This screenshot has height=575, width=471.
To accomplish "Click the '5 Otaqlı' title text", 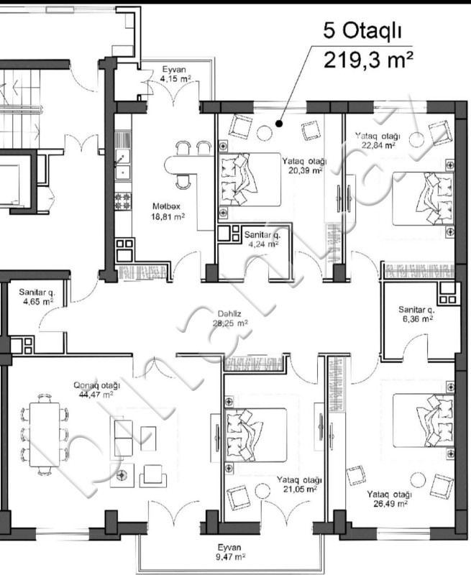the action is [x=362, y=30].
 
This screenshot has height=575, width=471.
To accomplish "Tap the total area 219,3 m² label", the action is [x=368, y=60].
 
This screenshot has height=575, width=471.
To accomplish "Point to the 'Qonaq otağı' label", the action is [x=97, y=385].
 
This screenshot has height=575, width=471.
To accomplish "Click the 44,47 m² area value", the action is [x=96, y=395].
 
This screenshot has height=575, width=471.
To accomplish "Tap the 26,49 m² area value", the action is [x=390, y=504].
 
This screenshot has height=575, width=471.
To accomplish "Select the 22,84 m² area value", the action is [x=378, y=145].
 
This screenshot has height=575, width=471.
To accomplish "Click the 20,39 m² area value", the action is [x=305, y=170].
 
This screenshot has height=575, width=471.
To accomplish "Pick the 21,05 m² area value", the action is [x=300, y=489].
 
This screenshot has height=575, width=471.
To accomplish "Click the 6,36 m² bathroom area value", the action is [x=418, y=318].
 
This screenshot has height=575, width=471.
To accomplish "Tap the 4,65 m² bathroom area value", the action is [x=38, y=302].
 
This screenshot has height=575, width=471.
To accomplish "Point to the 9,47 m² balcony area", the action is [x=230, y=556].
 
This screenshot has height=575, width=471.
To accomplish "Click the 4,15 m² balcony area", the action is [x=175, y=78].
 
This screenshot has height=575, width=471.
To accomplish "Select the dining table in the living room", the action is [x=45, y=435].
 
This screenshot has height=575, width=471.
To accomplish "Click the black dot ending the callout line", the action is [x=279, y=124].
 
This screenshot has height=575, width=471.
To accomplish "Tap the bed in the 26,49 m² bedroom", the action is [x=423, y=420].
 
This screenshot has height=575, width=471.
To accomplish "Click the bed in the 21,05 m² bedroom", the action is [x=256, y=435].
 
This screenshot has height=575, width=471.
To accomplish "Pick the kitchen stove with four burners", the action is [x=123, y=201].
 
